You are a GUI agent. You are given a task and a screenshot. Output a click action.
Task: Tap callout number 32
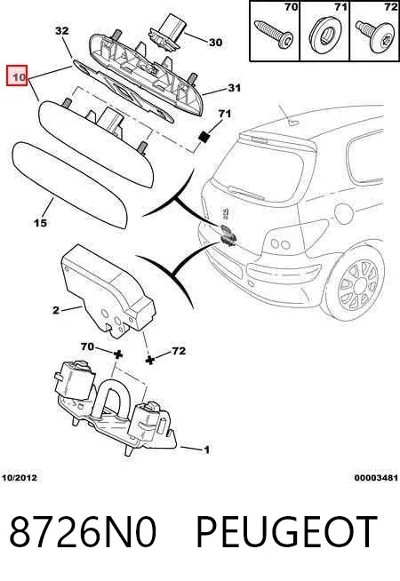click(x=62, y=30)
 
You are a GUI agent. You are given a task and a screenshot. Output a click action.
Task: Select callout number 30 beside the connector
click(x=215, y=43)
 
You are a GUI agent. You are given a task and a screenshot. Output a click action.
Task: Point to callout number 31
click(x=234, y=88)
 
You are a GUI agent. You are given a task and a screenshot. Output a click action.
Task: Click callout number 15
click(x=40, y=223)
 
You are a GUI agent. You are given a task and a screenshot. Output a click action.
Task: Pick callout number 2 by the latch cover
click(x=56, y=310)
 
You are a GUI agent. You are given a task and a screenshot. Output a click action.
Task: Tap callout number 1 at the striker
click(x=206, y=450)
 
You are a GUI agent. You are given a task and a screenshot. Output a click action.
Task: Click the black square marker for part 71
click(x=204, y=137)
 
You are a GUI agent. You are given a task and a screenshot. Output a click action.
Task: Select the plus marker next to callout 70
click(x=118, y=354)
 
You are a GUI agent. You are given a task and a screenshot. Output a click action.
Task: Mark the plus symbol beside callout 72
click(x=149, y=360)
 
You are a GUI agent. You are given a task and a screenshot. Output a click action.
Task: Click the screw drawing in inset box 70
click(x=274, y=34)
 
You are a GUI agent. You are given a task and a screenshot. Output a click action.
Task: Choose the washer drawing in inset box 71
click(x=324, y=34)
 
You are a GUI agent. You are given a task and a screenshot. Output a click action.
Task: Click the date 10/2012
click(x=20, y=478)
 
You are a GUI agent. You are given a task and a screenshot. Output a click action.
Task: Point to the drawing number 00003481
click(x=376, y=478)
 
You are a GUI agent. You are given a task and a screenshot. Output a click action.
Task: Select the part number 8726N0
click(x=83, y=532)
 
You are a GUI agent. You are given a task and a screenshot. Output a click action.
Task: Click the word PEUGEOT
click(x=286, y=532)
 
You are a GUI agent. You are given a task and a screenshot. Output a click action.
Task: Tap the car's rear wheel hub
click(x=359, y=286)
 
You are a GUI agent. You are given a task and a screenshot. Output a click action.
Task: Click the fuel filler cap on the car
click(x=344, y=213)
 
